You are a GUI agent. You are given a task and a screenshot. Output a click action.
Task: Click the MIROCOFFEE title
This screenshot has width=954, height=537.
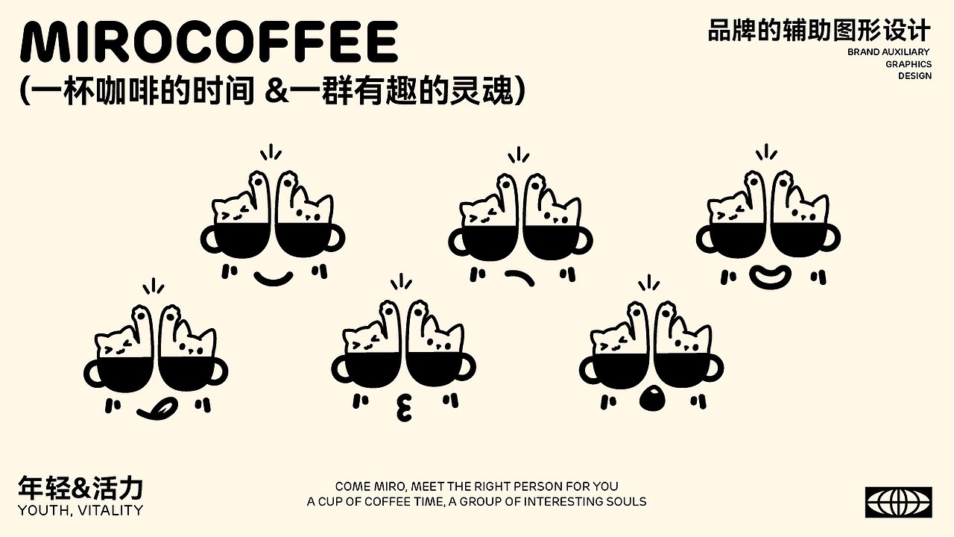pyautogui.click(x=209, y=43)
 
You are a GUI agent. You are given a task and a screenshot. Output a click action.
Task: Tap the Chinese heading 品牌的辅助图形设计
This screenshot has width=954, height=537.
pyautogui.click(x=819, y=31)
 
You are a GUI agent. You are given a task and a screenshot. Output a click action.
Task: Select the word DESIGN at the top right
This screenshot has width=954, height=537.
pyautogui.click(x=914, y=76)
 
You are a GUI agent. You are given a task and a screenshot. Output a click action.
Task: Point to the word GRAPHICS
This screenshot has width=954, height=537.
pyautogui.click(x=909, y=64)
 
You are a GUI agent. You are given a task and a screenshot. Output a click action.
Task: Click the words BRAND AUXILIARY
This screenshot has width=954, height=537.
pyautogui.click(x=888, y=52)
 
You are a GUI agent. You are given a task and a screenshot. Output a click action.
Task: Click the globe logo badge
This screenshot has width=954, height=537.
pyautogui.click(x=898, y=502)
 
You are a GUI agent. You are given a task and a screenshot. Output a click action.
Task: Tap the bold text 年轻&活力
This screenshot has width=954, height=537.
pyautogui.click(x=80, y=489)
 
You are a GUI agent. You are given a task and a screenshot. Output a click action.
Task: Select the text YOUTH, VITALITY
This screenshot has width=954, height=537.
pyautogui.click(x=80, y=511)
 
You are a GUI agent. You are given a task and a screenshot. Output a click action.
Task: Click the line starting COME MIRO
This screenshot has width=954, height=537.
pyautogui.click(x=476, y=486)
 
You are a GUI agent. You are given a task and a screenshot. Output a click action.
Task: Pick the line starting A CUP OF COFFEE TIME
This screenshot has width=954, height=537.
pyautogui.click(x=476, y=502)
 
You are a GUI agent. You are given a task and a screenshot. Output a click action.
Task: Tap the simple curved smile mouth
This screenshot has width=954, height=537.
pyautogui.click(x=272, y=278)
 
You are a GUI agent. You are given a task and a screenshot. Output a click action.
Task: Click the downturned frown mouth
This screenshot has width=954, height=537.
pyautogui.click(x=519, y=278)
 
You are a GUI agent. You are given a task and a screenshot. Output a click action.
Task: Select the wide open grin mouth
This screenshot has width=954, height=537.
pyautogui.click(x=769, y=277)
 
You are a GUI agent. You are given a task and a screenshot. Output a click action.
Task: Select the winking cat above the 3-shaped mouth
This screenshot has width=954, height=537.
pyautogui.click(x=367, y=339)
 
